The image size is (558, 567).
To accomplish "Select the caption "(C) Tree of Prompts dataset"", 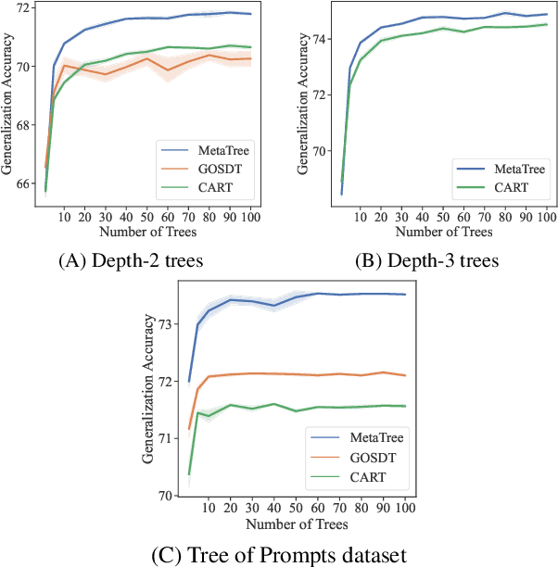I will coord(279,556).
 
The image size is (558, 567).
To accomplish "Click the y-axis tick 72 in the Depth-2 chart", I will coord(30,7).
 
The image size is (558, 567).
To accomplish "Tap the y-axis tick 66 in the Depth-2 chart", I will coord(30,183).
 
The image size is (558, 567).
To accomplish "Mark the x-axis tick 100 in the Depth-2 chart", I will coord(249,218).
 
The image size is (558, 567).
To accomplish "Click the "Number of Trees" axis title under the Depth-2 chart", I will coord(141,232).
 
